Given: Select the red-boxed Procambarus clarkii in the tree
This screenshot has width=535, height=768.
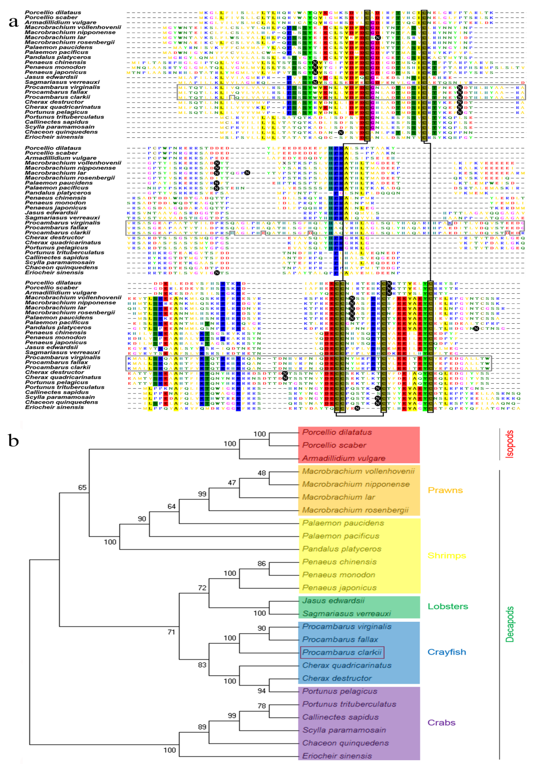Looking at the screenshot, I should tap(342, 652).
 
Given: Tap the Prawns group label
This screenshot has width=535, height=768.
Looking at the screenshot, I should tap(445, 490).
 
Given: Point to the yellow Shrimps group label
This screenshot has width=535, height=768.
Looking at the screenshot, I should tap(446, 556).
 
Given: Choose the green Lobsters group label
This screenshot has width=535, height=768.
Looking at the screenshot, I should tap(448, 606).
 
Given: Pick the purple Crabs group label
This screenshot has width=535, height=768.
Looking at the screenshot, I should tap(441, 723).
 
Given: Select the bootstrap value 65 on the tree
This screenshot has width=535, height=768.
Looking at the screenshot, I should tap(82, 487).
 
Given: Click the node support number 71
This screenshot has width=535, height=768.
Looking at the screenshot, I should tap(171, 632).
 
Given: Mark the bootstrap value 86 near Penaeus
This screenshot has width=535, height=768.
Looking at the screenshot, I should tap(262, 564).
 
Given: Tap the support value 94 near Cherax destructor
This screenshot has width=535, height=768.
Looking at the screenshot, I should tap(262, 691).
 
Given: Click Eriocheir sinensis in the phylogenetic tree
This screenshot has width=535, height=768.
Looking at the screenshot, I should tap(337, 756).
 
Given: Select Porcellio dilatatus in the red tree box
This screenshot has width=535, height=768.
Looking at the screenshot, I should tap(337, 432).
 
